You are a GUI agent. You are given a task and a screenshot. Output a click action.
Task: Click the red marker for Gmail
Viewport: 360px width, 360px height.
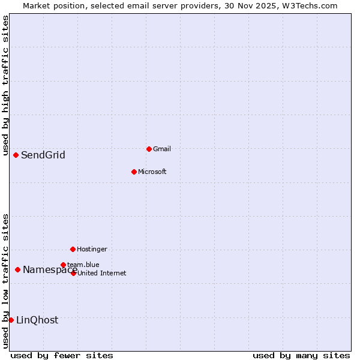[149, 149]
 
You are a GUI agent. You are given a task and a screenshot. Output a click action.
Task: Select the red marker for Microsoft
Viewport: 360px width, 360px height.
[134, 172]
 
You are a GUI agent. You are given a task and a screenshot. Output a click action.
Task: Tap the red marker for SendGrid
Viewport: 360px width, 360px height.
[16, 155]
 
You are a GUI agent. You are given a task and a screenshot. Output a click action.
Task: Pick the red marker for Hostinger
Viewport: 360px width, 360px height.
[73, 249]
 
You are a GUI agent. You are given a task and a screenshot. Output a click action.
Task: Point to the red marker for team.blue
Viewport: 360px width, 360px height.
[63, 265]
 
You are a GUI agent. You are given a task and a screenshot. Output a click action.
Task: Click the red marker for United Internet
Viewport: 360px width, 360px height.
[73, 273]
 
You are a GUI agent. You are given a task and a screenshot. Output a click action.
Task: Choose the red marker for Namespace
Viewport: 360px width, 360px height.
[17, 269]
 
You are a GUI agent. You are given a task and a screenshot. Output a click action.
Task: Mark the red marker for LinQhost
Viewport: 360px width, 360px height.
[11, 320]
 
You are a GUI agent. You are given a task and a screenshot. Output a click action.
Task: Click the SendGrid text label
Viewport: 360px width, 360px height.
[43, 155]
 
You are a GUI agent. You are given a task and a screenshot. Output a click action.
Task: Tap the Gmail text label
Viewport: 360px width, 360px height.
[162, 149]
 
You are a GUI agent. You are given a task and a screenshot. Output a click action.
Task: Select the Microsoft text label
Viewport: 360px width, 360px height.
[152, 172]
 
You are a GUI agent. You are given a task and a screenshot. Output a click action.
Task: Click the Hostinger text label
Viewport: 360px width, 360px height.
[92, 249]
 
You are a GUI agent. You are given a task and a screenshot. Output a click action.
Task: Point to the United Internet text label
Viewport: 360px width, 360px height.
[101, 273]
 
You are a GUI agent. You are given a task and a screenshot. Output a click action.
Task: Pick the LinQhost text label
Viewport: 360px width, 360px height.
[37, 320]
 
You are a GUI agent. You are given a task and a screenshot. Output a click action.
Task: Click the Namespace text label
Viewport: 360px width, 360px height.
[49, 270]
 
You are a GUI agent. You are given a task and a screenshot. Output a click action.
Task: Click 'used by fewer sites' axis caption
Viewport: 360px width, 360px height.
[62, 355]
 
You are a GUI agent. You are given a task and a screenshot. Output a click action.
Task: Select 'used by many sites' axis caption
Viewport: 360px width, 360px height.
[301, 355]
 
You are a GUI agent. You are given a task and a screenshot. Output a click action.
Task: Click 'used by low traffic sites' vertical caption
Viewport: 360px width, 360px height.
[5, 280]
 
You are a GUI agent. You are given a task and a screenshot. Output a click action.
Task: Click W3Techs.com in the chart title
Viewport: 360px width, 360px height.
[310, 5]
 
